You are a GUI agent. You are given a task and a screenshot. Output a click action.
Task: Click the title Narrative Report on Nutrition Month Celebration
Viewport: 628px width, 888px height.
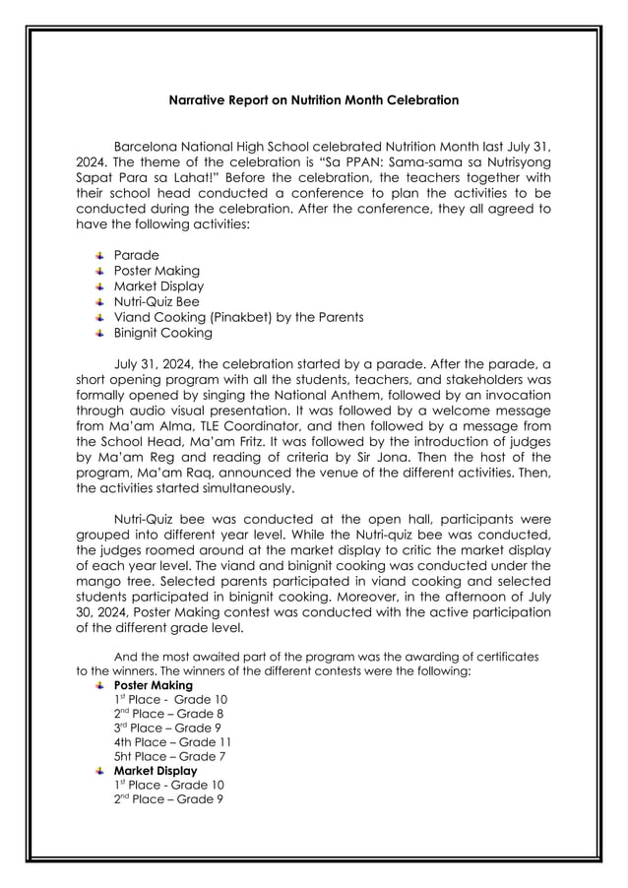tap(313, 100)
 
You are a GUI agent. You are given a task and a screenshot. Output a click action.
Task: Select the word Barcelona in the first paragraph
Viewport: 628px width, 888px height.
tap(147, 146)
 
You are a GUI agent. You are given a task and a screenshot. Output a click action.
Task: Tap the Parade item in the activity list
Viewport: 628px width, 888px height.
tap(136, 255)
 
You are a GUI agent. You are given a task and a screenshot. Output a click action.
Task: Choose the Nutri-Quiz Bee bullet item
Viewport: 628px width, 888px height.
tap(157, 301)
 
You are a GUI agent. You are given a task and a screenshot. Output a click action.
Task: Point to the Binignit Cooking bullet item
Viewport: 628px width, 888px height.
tap(162, 333)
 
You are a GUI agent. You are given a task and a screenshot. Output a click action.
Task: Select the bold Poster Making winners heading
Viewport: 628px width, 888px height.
tap(153, 685)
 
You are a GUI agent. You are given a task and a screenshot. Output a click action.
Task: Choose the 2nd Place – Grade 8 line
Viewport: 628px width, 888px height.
tap(168, 714)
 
